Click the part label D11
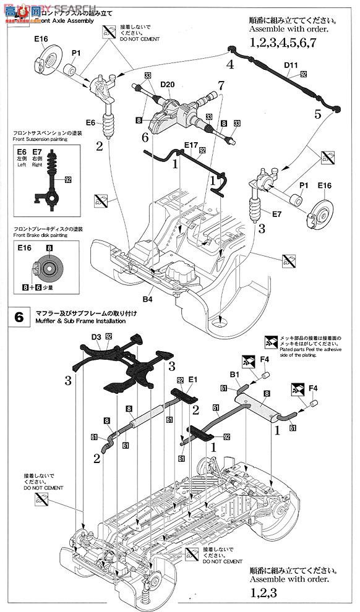point(292,64)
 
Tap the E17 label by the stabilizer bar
point(191,147)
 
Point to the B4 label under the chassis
point(147,300)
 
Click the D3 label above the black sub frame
point(96,337)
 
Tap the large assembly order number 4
point(229,64)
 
